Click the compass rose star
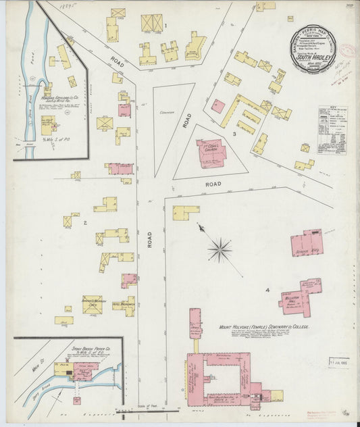pos(220,251)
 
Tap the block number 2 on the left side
pos(85,222)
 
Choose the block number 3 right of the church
pos(234,134)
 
